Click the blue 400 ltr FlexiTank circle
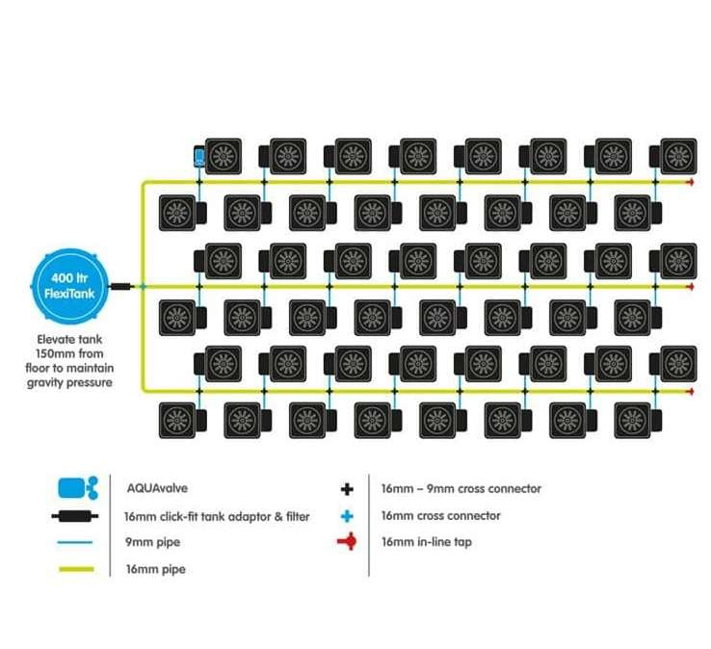69,286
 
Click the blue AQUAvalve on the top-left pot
199,157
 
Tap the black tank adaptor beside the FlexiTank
120,286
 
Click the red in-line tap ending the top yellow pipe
691,182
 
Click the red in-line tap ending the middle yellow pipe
691,286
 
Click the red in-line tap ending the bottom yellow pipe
691,391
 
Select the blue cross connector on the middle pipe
144,286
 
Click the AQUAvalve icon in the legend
77,488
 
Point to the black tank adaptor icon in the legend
75,516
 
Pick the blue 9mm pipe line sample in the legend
75,542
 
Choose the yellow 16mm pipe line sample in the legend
76,569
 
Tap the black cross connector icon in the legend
347,488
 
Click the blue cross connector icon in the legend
347,516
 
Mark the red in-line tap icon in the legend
348,541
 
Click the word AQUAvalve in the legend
157,488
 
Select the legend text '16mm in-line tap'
427,542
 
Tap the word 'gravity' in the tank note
47,382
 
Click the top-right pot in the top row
678,156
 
